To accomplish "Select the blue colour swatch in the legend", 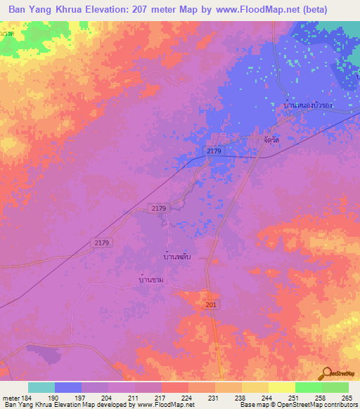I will [x=68, y=387].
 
